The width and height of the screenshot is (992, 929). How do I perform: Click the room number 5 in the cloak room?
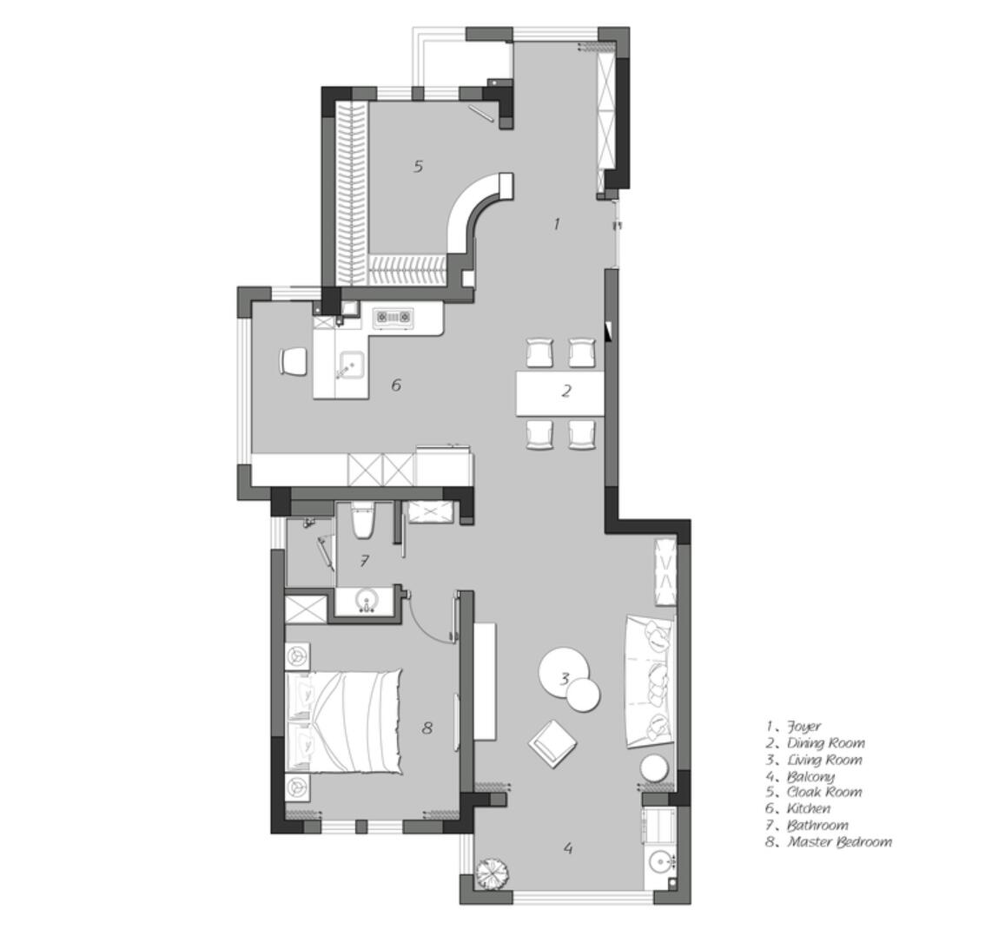pyautogui.click(x=418, y=167)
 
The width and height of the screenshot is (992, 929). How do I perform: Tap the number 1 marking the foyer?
pyautogui.click(x=557, y=223)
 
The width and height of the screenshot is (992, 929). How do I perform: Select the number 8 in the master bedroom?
pyautogui.click(x=427, y=728)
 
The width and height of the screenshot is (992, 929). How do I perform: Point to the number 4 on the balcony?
pyautogui.click(x=568, y=848)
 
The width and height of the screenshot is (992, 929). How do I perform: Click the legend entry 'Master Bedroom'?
pyautogui.click(x=839, y=841)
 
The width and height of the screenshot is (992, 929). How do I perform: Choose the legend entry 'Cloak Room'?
pyautogui.click(x=824, y=792)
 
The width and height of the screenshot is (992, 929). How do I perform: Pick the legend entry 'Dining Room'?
pyautogui.click(x=825, y=743)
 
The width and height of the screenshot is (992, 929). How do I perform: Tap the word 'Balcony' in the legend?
pyautogui.click(x=810, y=776)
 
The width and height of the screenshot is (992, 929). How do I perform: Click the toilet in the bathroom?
pyautogui.click(x=363, y=520)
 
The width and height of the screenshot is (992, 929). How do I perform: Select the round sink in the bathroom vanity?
pyautogui.click(x=367, y=600)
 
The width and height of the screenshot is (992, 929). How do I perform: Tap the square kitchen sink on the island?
pyautogui.click(x=349, y=365)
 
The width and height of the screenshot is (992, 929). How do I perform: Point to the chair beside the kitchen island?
pyautogui.click(x=293, y=361)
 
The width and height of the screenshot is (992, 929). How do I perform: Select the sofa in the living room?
pyautogui.click(x=650, y=681)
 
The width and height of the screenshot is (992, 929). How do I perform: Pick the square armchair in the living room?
pyautogui.click(x=553, y=744)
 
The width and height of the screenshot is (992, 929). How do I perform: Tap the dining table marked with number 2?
pyautogui.click(x=560, y=393)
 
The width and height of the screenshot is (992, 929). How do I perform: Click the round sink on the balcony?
pyautogui.click(x=661, y=860)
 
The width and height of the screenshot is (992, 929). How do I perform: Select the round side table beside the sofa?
pyautogui.click(x=654, y=769)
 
